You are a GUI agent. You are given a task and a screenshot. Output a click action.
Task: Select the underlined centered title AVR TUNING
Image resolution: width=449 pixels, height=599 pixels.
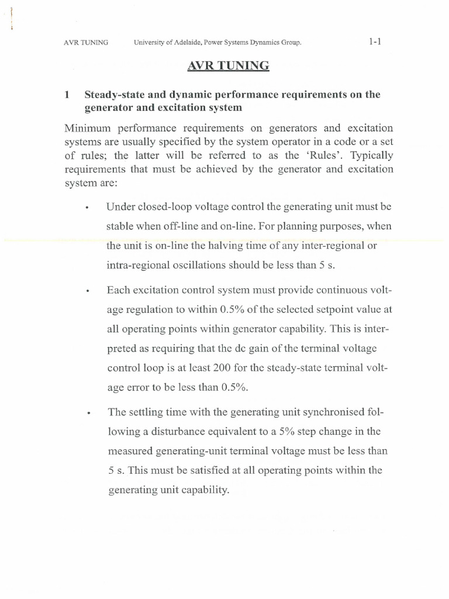tap(229, 66)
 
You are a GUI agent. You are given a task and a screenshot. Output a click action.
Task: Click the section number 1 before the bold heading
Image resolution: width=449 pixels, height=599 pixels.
tap(67, 94)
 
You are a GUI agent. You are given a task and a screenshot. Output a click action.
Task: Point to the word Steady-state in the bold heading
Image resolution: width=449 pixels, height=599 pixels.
tap(114, 94)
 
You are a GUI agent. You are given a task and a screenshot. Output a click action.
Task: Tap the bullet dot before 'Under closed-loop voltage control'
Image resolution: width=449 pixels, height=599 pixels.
tap(86, 208)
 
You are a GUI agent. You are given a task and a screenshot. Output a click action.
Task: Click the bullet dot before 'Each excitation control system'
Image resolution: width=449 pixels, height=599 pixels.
tap(86, 291)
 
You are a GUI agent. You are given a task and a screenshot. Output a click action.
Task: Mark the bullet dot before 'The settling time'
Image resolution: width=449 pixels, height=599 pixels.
tap(86, 413)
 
